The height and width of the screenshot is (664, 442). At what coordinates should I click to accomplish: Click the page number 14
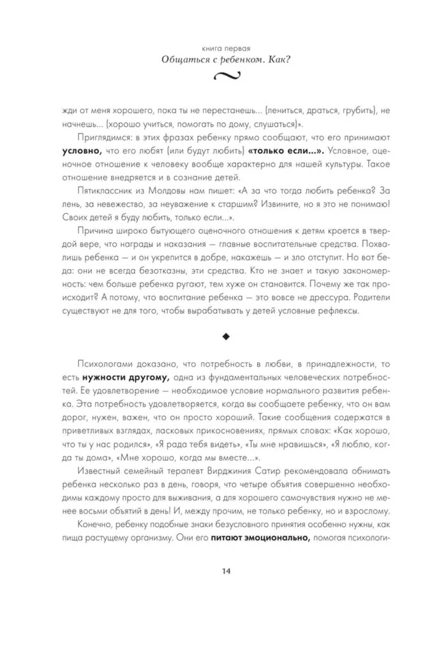[226, 571]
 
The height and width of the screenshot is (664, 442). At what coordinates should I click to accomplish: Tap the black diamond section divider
[226, 337]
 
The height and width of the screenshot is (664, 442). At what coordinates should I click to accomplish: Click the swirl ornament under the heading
[227, 76]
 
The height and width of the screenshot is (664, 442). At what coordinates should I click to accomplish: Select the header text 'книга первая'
[226, 49]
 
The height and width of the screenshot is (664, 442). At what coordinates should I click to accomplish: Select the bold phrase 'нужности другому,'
[126, 377]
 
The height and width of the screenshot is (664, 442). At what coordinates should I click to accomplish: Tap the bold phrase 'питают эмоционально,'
[260, 538]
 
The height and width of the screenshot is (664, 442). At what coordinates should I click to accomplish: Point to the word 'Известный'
[99, 471]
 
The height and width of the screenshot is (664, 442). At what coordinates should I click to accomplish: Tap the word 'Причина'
[94, 231]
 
